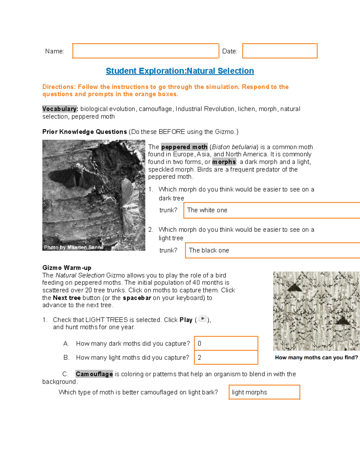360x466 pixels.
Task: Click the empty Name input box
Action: pyautogui.click(x=145, y=51)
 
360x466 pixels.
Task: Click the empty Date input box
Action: pyautogui.click(x=280, y=51)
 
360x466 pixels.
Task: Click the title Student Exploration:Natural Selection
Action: pyautogui.click(x=180, y=71)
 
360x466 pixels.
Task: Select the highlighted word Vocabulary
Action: pyautogui.click(x=60, y=109)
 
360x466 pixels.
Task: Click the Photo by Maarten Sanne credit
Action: pyautogui.click(x=74, y=248)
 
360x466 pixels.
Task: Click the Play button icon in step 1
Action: pyautogui.click(x=202, y=319)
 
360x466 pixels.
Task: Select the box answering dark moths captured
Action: pyautogui.click(x=226, y=344)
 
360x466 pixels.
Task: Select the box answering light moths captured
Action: pyautogui.click(x=226, y=358)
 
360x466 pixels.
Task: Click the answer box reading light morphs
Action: pyautogui.click(x=264, y=392)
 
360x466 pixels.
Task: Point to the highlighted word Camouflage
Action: pyautogui.click(x=94, y=374)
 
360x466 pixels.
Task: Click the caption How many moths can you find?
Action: pyautogui.click(x=316, y=358)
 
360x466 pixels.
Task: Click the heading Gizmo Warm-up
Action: pyautogui.click(x=67, y=268)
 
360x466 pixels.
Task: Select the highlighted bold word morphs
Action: pyautogui.click(x=224, y=162)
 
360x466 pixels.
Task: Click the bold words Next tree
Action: pyautogui.click(x=67, y=298)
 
